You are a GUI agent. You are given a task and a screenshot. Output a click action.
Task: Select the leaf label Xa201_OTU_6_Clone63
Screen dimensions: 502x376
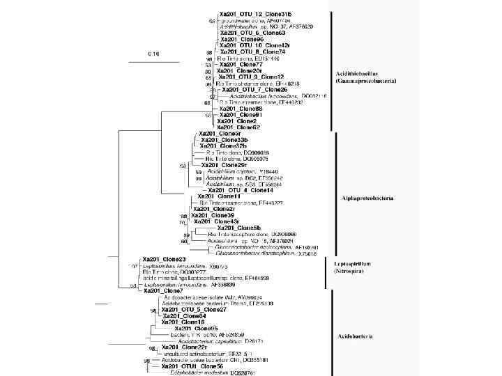[252, 33]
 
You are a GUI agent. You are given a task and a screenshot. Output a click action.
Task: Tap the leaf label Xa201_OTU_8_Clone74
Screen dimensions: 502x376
[252, 52]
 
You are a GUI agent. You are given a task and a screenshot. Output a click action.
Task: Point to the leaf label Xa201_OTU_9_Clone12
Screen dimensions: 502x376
[251, 77]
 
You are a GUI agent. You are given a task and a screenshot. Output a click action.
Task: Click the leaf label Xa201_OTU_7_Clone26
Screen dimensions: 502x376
[254, 90]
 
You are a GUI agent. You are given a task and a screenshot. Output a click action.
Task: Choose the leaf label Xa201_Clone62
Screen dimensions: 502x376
[238, 127]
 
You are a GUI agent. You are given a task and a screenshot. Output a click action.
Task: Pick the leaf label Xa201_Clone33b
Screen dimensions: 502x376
[223, 140]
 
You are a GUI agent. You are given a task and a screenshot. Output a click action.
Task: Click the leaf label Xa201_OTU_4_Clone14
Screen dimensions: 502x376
[240, 190]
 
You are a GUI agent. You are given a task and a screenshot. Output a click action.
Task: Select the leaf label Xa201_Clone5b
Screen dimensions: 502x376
[238, 228]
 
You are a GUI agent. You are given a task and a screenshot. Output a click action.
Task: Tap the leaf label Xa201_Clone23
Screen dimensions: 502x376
[164, 259]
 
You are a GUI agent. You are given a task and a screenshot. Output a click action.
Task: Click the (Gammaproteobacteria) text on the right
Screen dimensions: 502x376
[366, 81]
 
